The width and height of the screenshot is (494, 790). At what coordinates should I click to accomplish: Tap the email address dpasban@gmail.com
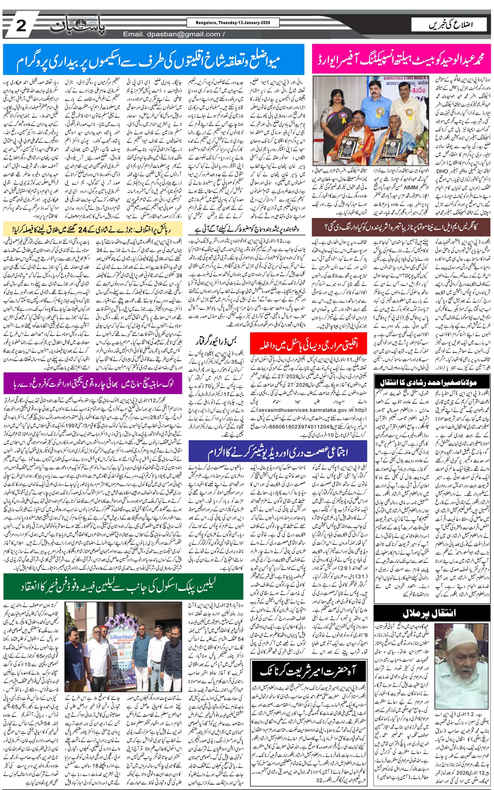172,34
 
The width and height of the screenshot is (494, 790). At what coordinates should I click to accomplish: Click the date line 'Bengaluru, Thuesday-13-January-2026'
233,23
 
